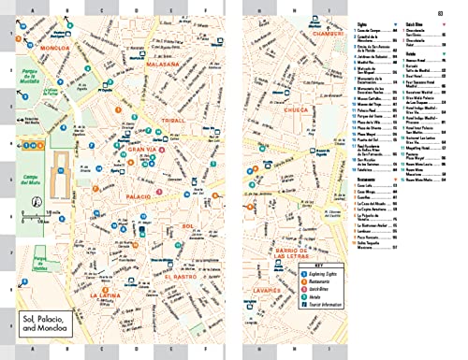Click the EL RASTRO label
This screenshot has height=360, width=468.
point(179,276)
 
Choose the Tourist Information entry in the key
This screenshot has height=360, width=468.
point(329,312)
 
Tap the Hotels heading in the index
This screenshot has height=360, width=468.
point(411,54)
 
